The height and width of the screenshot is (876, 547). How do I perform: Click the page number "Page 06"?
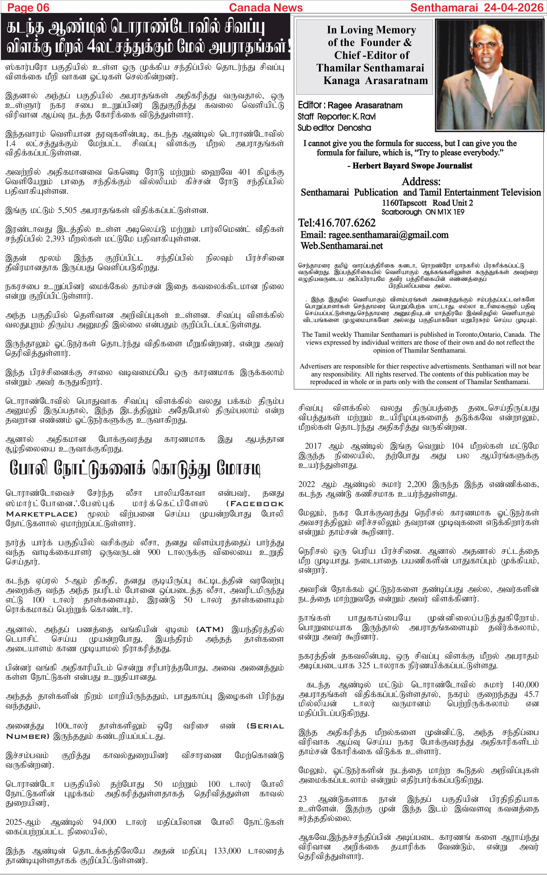[x=28, y=7]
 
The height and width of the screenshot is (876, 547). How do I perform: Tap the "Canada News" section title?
[x=266, y=7]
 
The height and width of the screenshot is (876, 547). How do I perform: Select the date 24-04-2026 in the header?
[x=514, y=7]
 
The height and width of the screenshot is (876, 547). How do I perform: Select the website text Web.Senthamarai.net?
[x=342, y=246]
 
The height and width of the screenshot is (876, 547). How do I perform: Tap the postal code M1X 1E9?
[x=450, y=212]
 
